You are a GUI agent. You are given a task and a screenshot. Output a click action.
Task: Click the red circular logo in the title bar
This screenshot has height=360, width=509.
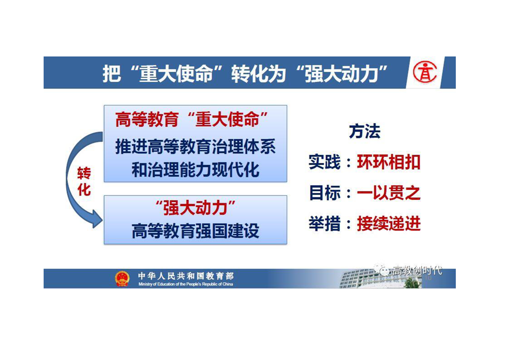tap(425, 72)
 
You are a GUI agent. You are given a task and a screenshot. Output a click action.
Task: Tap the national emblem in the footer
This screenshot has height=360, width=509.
tap(122, 279)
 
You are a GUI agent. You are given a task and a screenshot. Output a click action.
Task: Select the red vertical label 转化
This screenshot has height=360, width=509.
tap(84, 182)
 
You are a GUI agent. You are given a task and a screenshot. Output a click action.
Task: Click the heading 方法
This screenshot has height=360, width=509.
tap(365, 132)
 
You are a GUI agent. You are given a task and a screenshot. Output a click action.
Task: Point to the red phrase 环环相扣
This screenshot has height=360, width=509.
tap(389, 162)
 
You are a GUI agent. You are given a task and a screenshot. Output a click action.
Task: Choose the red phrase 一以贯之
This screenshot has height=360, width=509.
tap(389, 193)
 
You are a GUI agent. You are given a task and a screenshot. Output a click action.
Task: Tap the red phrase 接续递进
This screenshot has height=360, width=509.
tap(389, 223)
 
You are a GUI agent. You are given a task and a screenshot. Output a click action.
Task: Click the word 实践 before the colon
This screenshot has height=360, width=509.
tap(324, 162)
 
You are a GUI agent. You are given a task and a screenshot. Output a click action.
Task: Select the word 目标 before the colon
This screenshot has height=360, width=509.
tap(324, 193)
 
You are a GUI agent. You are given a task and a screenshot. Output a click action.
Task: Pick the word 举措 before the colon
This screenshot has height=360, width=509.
tap(324, 223)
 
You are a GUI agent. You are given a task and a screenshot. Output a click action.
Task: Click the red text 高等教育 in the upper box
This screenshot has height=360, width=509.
tap(147, 119)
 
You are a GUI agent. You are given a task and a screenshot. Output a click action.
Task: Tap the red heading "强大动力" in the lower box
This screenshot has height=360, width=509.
tap(196, 208)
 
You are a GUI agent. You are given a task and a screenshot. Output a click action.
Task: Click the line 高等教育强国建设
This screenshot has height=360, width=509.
tap(196, 232)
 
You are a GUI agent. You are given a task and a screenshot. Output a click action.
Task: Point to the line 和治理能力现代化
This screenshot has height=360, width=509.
tap(196, 170)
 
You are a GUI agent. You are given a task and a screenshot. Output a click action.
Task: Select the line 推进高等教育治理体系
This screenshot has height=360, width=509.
tap(196, 147)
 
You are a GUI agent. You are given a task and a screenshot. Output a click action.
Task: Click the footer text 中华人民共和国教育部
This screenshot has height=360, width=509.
tap(186, 276)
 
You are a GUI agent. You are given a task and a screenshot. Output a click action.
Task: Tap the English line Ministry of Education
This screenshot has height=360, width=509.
tap(186, 284)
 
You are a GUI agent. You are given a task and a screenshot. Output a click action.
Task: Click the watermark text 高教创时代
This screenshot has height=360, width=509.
tap(417, 270)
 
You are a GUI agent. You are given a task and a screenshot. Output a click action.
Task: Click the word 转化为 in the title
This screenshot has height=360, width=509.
tap(259, 74)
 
